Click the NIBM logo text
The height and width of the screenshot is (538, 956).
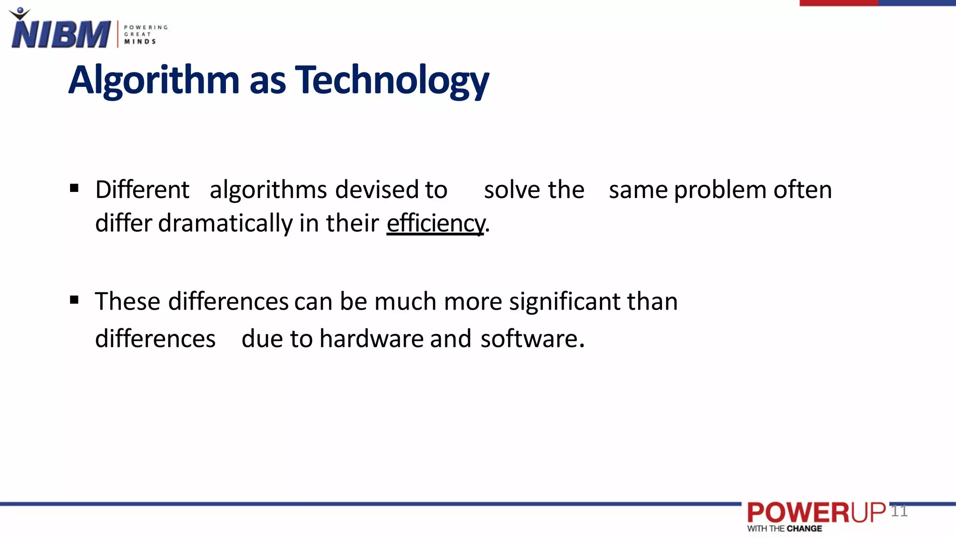coord(61,35)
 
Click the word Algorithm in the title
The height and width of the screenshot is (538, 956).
coord(154,80)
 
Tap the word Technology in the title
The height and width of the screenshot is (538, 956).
coord(392,80)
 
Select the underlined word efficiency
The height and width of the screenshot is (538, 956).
coord(436,223)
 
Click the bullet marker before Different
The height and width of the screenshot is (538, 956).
coord(74,188)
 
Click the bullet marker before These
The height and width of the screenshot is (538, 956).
coord(74,299)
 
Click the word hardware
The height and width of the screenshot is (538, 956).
coord(372,339)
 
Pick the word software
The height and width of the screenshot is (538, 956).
coord(530,339)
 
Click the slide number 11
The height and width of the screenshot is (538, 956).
coord(899,511)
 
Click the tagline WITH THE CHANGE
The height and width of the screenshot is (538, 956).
coord(784,529)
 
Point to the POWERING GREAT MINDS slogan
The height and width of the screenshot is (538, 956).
coord(145,35)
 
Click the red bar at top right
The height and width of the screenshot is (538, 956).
coord(838,3)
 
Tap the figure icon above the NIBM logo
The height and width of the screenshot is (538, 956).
coord(20,14)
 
